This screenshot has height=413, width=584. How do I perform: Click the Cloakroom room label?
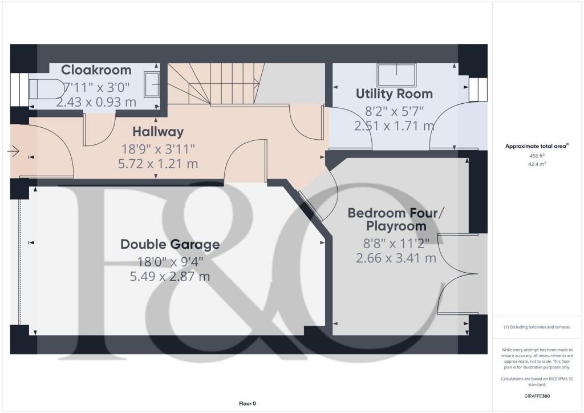tap(96, 70)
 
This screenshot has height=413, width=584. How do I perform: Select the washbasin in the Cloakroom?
tap(151, 84)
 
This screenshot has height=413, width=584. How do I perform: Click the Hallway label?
tap(158, 132)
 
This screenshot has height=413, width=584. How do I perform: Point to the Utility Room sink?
tap(397, 74)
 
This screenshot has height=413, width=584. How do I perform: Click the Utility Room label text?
tap(394, 94)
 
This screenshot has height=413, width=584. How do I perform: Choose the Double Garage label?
tap(170, 245)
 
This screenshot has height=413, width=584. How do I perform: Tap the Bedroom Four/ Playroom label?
tap(396, 220)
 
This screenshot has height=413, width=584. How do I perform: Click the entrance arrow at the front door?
tap(13, 151)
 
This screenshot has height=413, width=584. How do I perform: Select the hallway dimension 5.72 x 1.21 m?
tap(158, 164)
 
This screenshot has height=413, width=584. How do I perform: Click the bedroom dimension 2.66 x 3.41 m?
tap(396, 258)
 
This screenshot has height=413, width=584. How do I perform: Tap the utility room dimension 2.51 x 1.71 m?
tap(394, 125)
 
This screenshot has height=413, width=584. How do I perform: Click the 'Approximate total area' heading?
tap(536, 147)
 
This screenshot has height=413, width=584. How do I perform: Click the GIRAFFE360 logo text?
tap(537, 395)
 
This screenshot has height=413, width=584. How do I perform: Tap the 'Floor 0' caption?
tap(248, 403)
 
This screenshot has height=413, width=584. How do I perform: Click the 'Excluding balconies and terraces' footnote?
tap(536, 327)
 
